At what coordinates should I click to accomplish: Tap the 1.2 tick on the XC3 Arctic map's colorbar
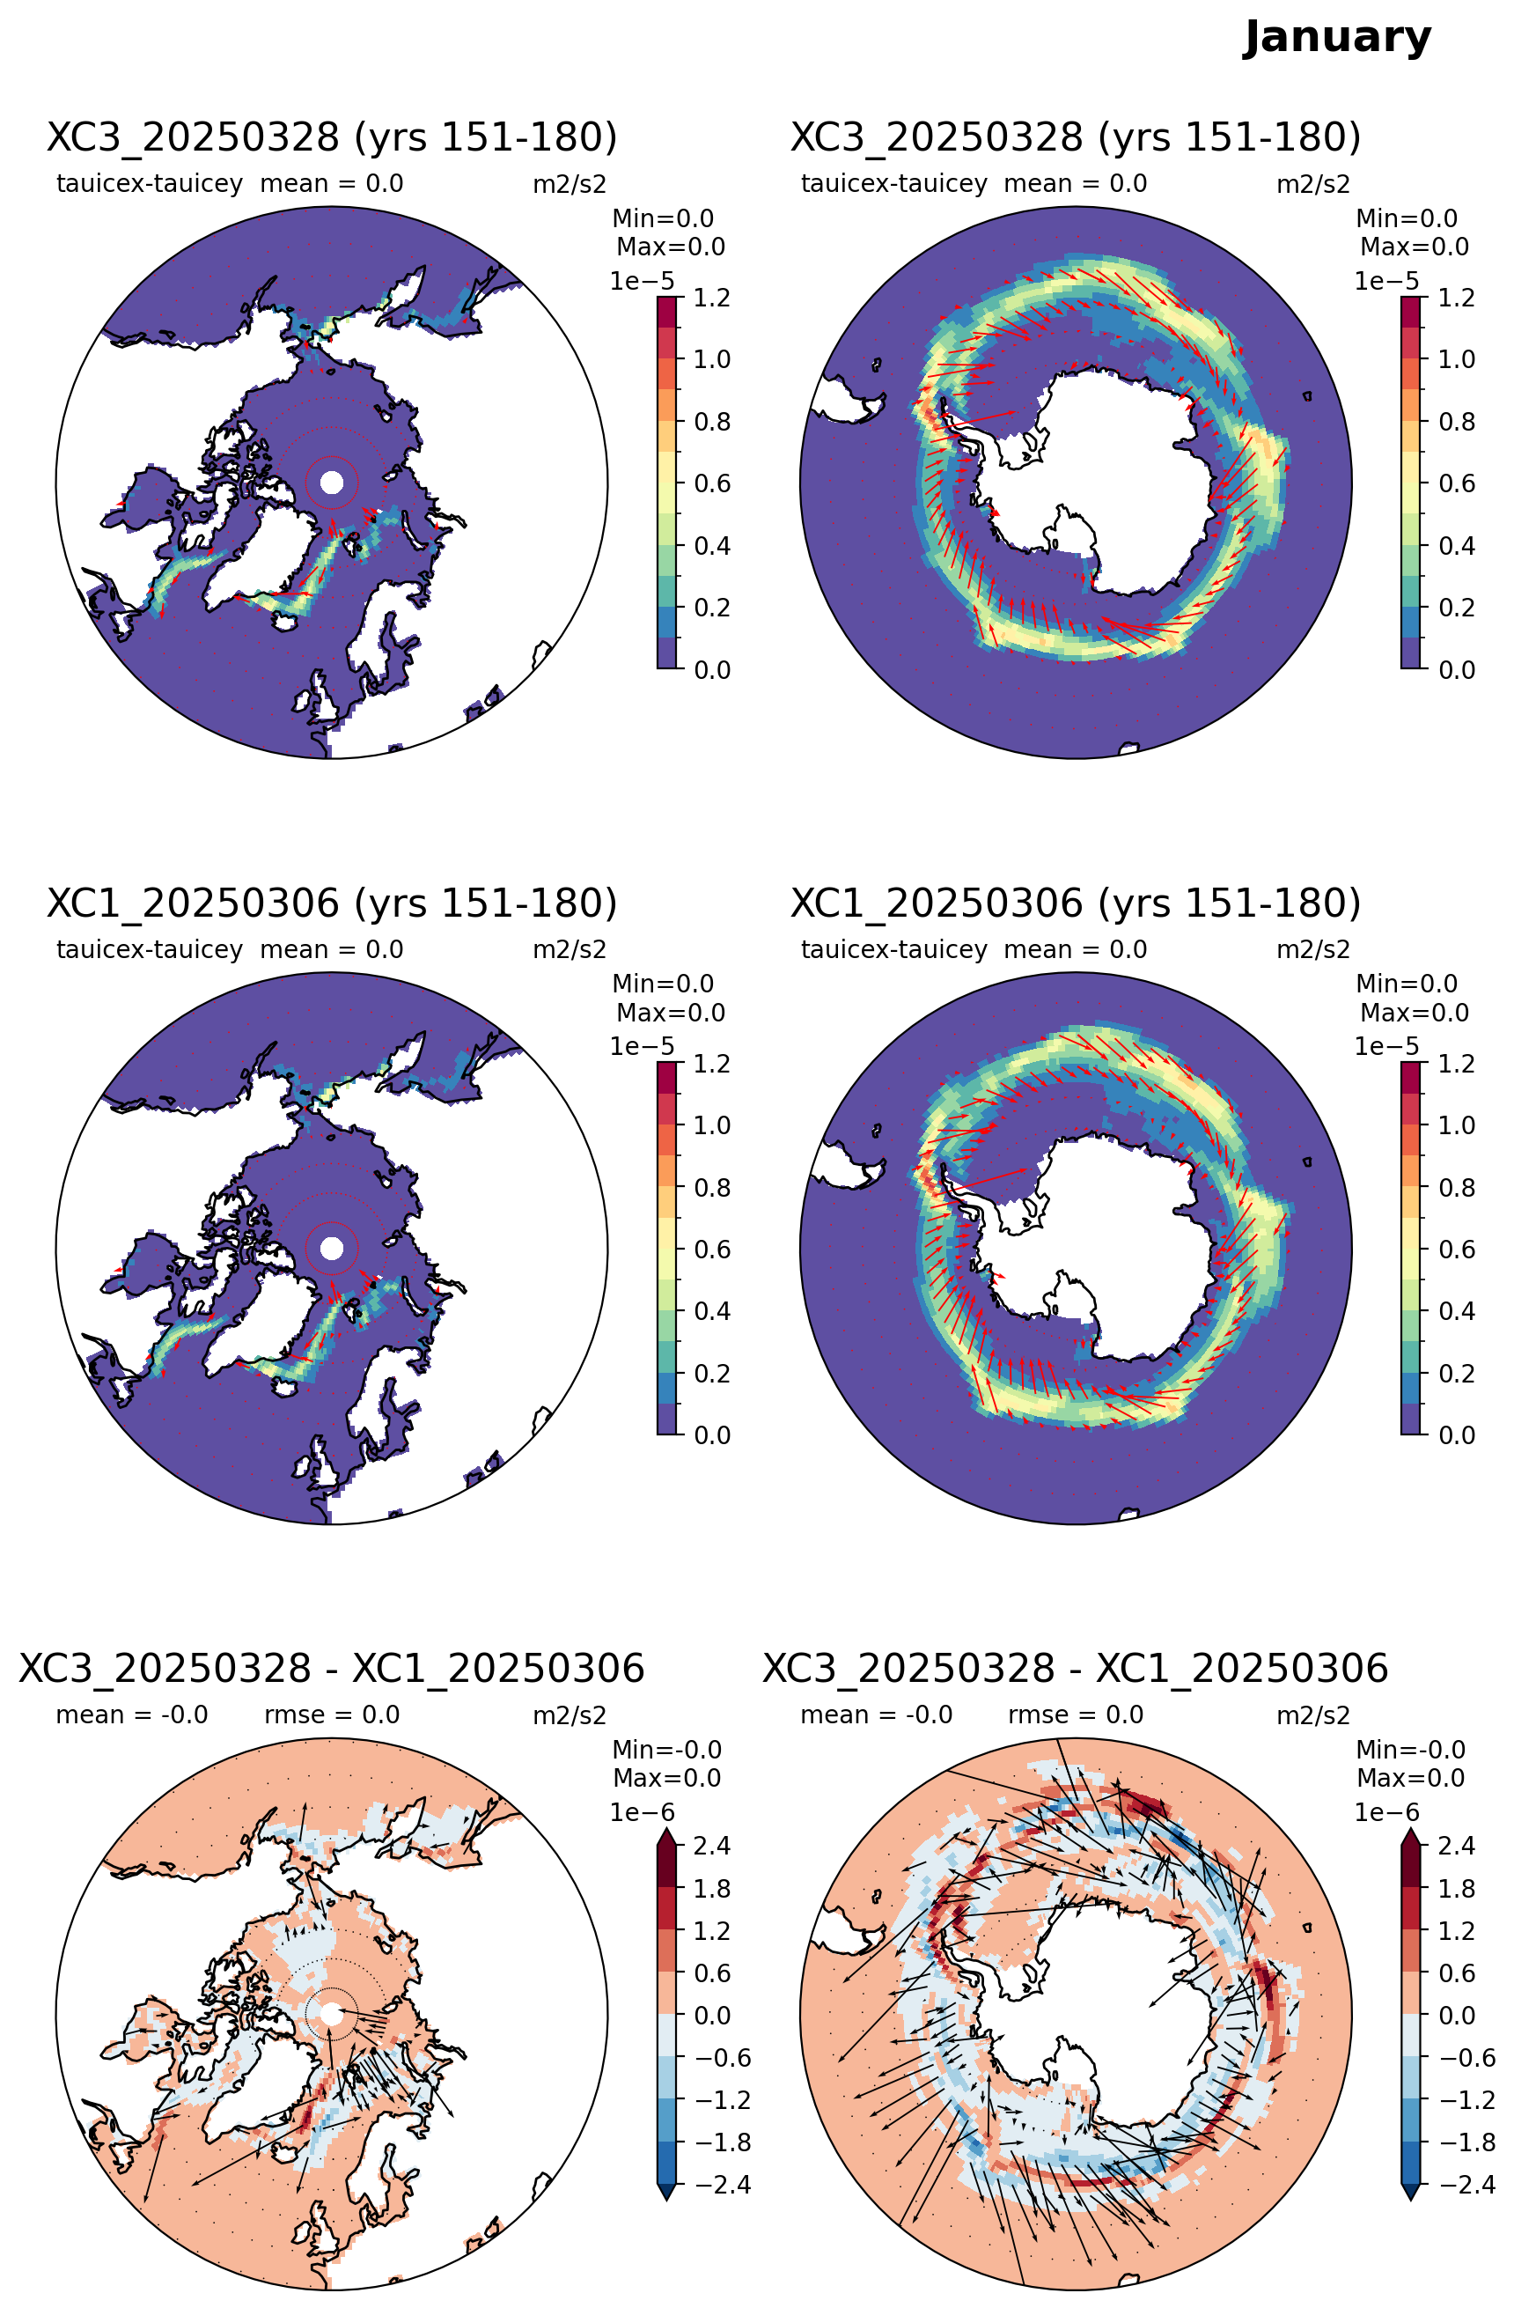tap(711, 298)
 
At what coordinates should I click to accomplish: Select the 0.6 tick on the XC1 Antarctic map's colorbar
tap(1456, 1249)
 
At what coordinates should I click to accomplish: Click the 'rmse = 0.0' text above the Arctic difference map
tap(332, 1714)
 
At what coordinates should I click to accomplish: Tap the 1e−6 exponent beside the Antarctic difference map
tap(1386, 1811)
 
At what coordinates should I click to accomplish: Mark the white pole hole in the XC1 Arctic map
tap(332, 1248)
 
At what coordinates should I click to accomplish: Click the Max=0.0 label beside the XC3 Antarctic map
tap(1415, 247)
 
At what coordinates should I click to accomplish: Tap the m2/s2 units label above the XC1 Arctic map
tap(570, 948)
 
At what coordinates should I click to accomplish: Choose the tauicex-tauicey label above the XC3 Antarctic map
tap(893, 183)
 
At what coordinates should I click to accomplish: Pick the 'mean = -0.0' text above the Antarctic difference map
tap(876, 1714)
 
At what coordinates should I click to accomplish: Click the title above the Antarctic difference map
tap(1075, 1668)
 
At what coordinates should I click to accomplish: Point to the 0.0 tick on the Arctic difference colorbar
tap(711, 2015)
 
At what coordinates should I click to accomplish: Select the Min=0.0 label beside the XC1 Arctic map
tap(663, 984)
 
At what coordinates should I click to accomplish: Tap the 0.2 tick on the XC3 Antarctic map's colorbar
tap(1456, 607)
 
